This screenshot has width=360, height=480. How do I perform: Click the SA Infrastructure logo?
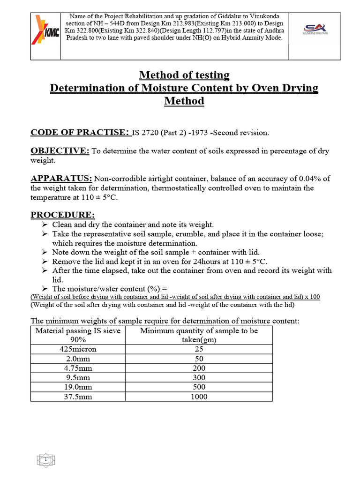pos(315,30)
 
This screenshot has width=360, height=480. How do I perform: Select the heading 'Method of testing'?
pos(184,75)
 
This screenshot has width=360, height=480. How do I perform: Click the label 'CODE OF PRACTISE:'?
pos(80,133)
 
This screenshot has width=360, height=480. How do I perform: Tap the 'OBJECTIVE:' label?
pos(60,150)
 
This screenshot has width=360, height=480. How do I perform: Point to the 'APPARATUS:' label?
pos(61,179)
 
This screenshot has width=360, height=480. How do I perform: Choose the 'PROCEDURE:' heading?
pos(62,215)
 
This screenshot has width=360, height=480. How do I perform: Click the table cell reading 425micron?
pos(78,349)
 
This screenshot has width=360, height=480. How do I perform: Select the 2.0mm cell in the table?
pos(78,359)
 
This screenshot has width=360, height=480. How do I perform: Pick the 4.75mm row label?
pos(78,368)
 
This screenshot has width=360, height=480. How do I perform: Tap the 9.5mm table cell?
pos(78,378)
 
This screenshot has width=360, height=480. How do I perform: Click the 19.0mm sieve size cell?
pos(78,387)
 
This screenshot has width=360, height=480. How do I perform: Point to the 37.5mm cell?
pos(78,397)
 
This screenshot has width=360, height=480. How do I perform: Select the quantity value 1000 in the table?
pos(199,397)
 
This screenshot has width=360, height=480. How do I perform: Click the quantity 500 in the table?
pos(199,387)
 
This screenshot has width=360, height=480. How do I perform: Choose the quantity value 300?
pos(199,378)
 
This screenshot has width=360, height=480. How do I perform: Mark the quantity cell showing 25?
pos(199,349)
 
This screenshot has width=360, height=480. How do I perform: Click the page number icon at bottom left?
pos(46,461)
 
